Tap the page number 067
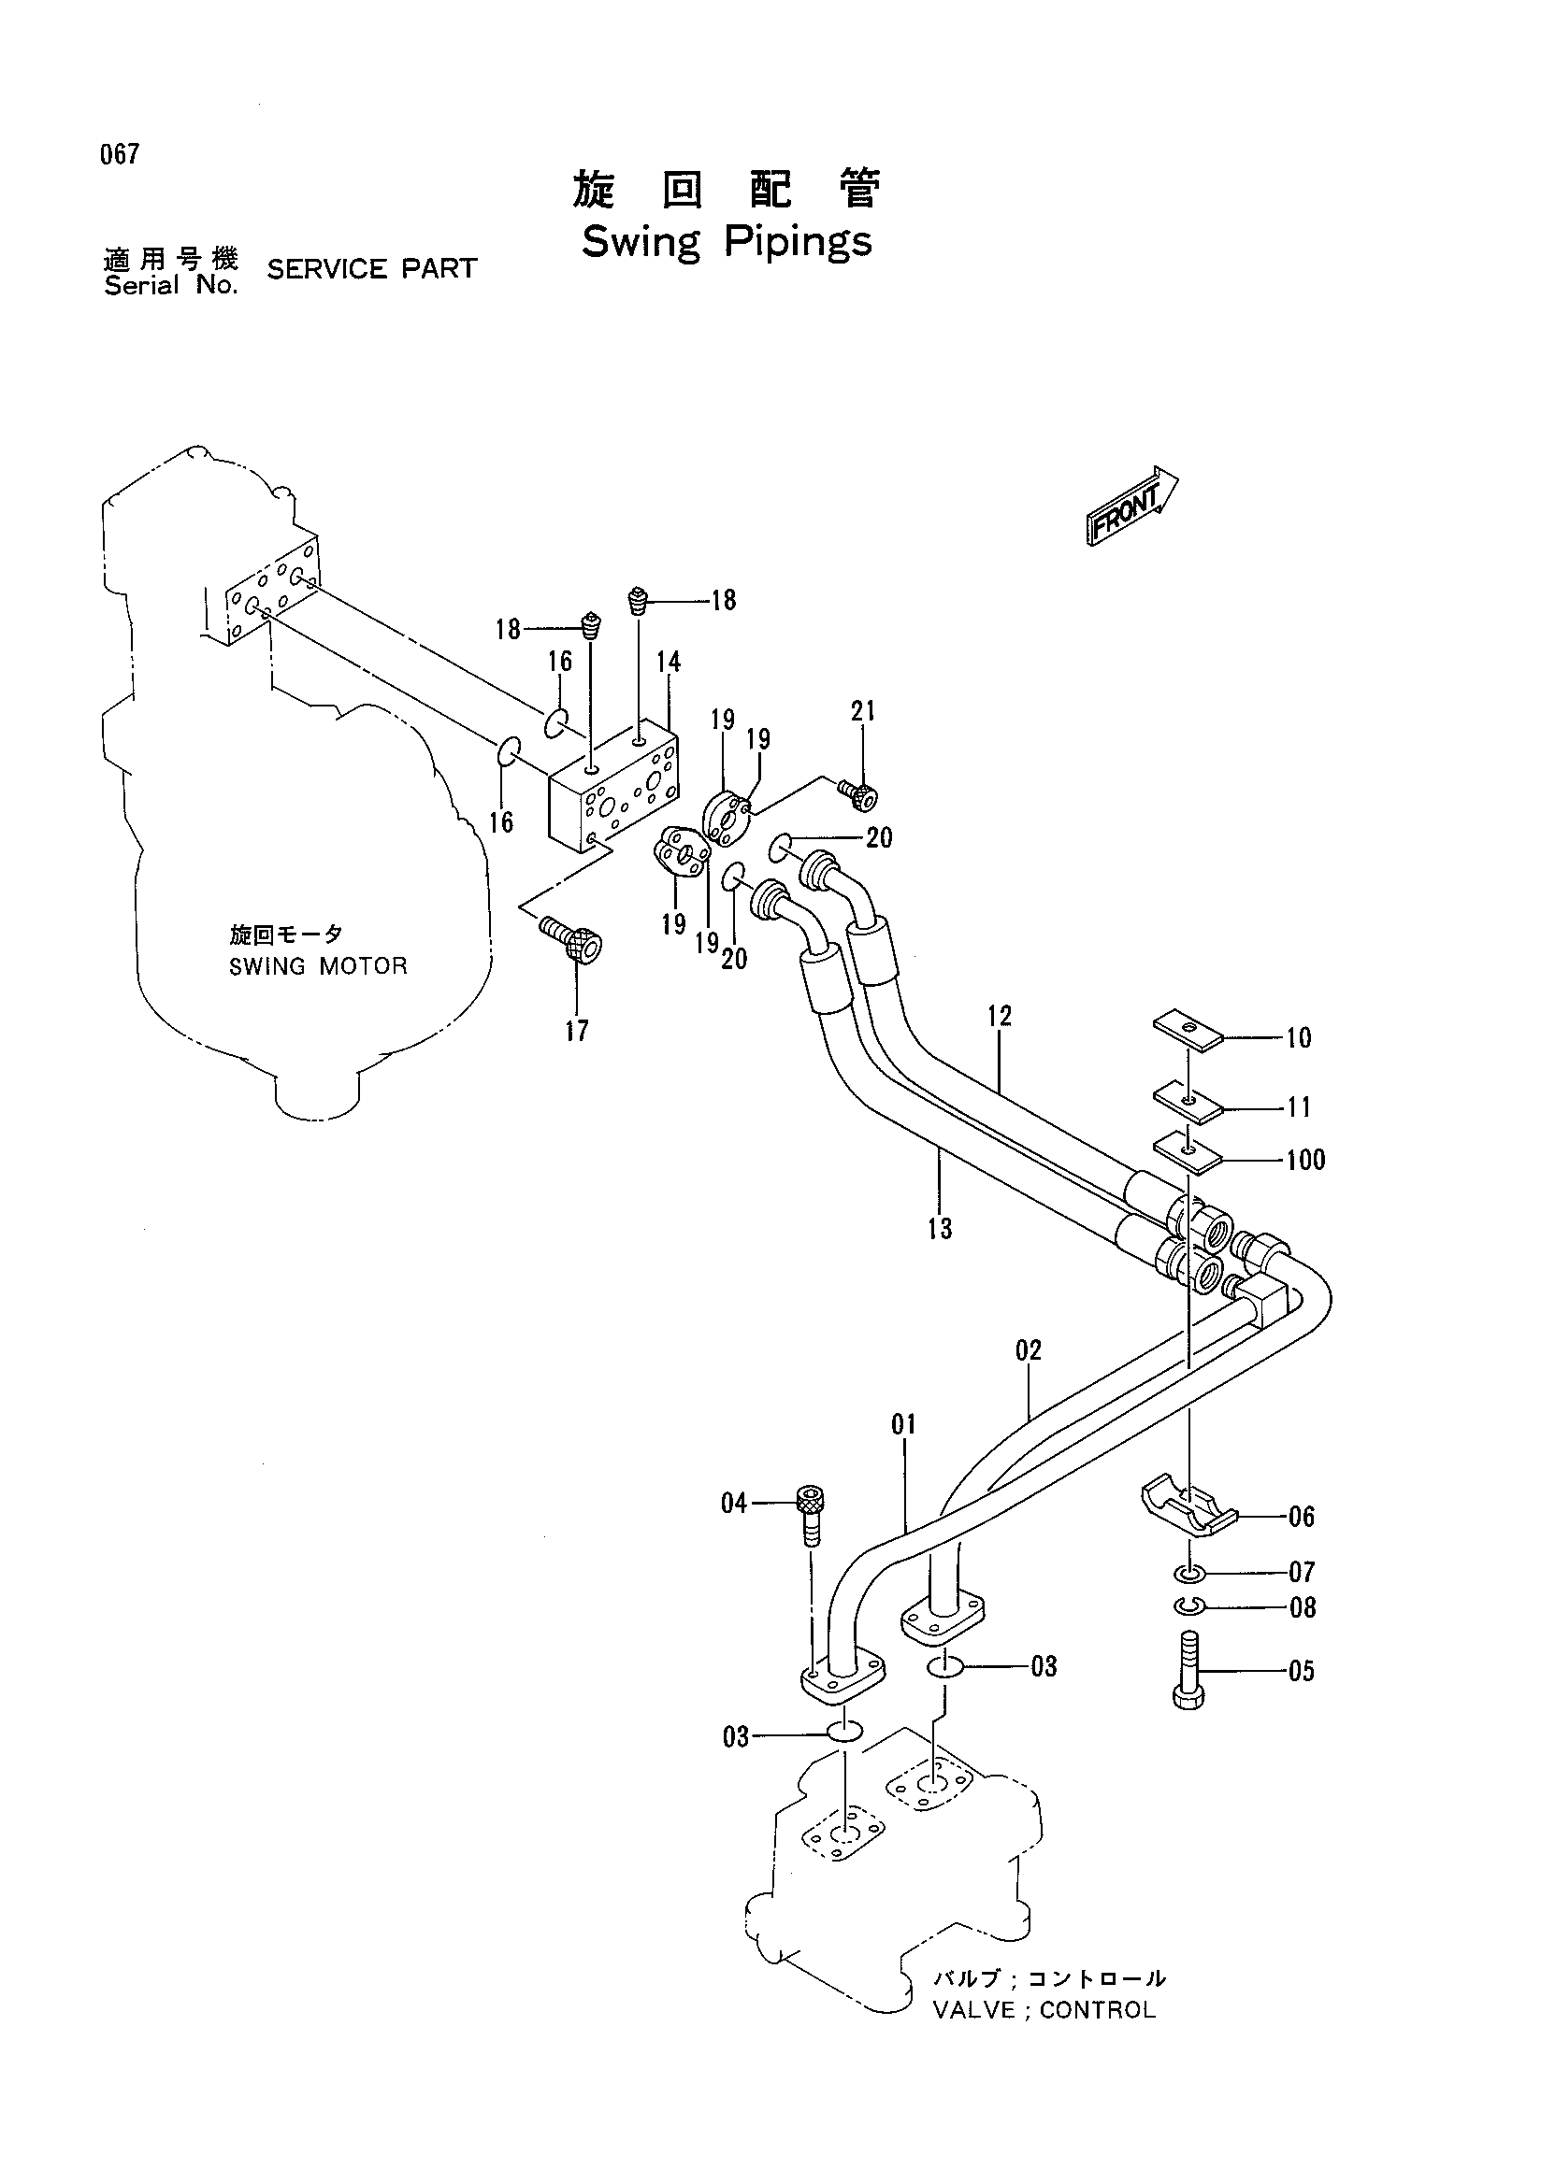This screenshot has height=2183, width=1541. point(120,154)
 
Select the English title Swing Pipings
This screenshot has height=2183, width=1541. point(726,241)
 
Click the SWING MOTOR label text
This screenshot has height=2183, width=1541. point(318,966)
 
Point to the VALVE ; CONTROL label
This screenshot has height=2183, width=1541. point(1044,2010)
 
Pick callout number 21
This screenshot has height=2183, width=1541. point(863,711)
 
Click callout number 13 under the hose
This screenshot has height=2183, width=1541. point(940,1229)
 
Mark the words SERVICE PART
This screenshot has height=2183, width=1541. point(372,269)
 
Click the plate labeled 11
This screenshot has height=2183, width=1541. point(1188,1100)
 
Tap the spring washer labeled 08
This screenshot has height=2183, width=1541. point(1189,1605)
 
